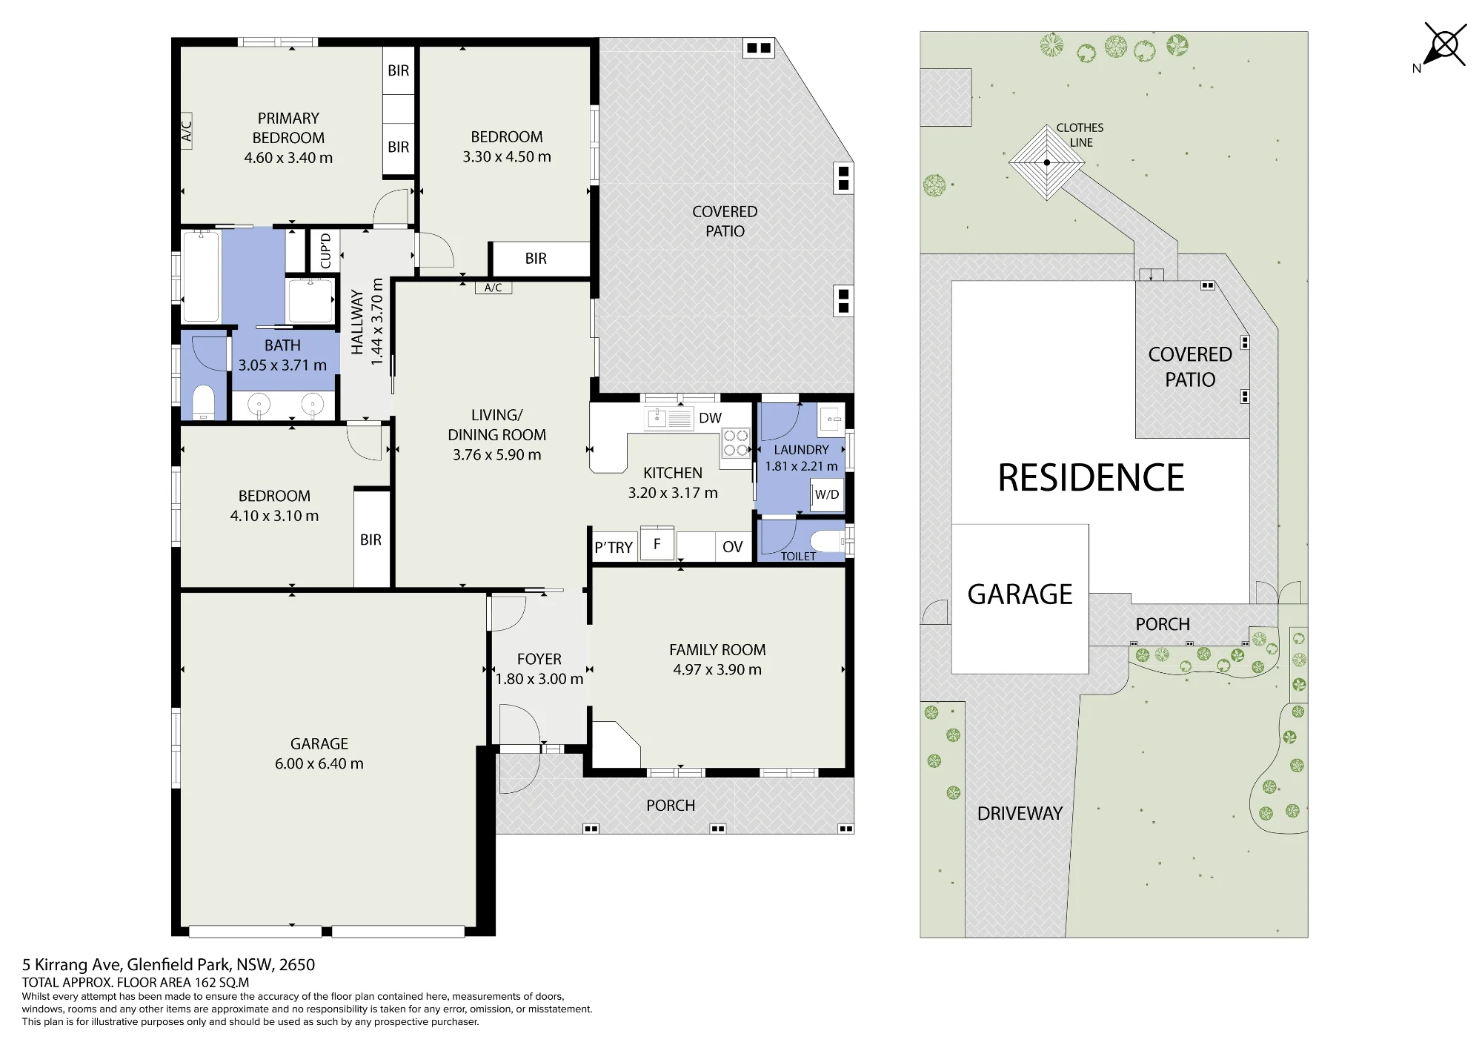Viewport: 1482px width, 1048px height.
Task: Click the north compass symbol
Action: pos(1443,46)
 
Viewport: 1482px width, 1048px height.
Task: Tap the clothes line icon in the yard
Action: pos(1046,162)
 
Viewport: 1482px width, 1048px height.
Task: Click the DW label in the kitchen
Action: pos(710,418)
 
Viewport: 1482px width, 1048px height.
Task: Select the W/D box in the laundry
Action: pos(827,494)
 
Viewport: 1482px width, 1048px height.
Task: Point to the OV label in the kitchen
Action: pos(732,547)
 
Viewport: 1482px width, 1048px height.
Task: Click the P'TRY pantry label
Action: pos(614,548)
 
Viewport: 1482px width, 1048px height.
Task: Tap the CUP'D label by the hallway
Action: pos(326,251)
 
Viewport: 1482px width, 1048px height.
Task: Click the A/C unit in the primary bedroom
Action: pos(187,131)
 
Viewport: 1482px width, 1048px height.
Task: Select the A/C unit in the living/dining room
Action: pos(494,288)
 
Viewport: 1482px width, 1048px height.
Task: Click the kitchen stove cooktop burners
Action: pos(736,442)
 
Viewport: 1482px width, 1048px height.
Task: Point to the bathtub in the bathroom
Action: pos(201,276)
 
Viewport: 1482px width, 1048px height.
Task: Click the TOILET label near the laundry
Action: pos(798,556)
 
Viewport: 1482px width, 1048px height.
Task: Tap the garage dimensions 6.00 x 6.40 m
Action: pos(319,763)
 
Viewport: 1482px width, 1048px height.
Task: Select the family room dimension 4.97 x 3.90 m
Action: pos(717,669)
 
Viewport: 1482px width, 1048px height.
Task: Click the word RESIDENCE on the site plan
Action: pos(1091,477)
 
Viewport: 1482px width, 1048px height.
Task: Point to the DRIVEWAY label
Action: pos(1020,813)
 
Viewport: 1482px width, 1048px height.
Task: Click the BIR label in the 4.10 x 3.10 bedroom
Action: pos(370,540)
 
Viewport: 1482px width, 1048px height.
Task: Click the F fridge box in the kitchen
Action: pos(657,543)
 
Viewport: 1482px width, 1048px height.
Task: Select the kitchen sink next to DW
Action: pos(669,418)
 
